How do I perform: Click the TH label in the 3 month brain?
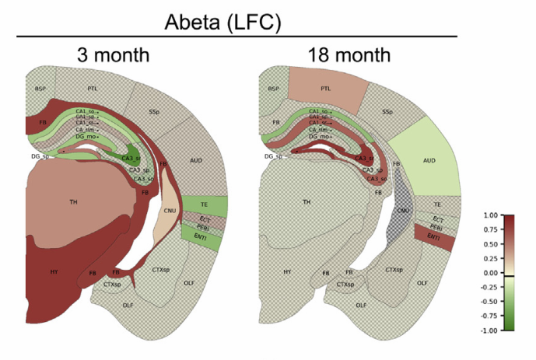(73, 201)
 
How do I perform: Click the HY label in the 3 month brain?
(54, 271)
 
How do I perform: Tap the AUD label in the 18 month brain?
(429, 160)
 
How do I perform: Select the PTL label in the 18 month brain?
(325, 89)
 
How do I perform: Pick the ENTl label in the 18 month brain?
(433, 237)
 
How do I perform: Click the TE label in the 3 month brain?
(204, 204)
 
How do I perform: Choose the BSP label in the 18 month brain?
(273, 89)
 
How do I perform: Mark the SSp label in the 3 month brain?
(154, 111)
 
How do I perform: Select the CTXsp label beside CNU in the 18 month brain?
(394, 270)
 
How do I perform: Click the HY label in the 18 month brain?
(287, 271)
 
